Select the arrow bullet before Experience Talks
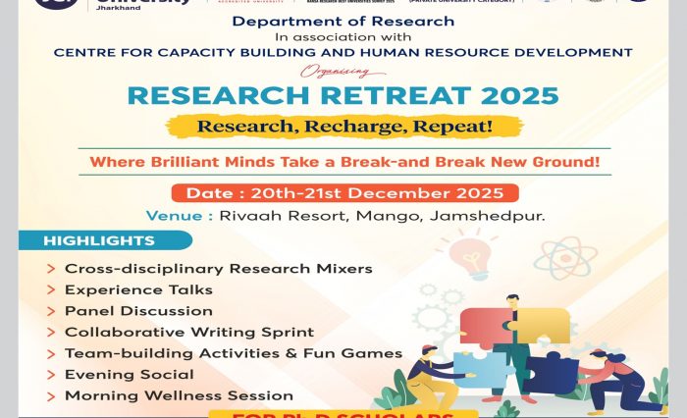(x=50, y=290)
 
